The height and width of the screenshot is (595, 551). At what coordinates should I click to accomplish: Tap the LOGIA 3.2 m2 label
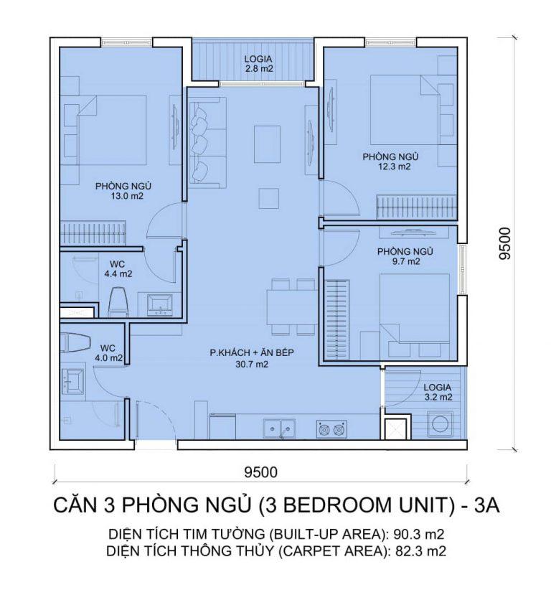pyautogui.click(x=437, y=391)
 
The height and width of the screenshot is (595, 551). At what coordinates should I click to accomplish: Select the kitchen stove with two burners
pyautogui.click(x=331, y=430)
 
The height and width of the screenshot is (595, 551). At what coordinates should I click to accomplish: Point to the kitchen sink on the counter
pyautogui.click(x=281, y=429)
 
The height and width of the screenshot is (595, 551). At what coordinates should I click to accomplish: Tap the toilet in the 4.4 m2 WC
pyautogui.click(x=118, y=301)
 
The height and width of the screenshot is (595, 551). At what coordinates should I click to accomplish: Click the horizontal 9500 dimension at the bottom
pyautogui.click(x=260, y=472)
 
